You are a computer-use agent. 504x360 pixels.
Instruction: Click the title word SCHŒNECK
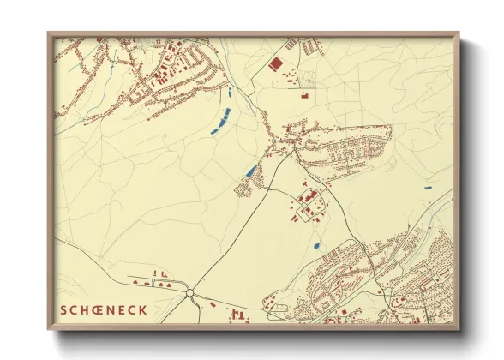click(103, 310)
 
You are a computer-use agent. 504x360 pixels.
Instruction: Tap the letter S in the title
click(63, 310)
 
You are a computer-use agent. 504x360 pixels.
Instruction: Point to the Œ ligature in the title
click(96, 310)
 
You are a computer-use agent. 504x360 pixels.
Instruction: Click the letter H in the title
click(84, 310)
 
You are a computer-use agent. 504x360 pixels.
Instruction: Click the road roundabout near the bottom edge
click(189, 293)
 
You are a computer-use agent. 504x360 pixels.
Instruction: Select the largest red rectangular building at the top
click(276, 63)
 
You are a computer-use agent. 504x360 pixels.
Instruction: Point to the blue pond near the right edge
click(428, 188)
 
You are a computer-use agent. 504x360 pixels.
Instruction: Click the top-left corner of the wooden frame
click(49, 33)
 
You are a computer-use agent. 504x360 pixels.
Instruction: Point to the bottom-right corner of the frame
click(459, 329)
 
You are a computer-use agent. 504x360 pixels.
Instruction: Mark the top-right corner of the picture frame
click(459, 33)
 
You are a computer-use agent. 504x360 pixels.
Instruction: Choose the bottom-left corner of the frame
click(49, 329)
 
